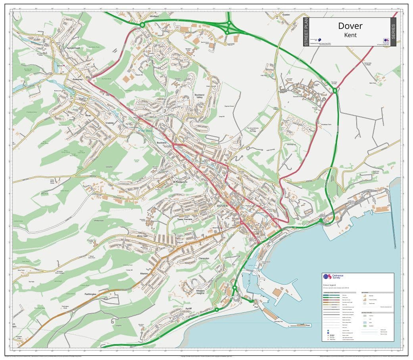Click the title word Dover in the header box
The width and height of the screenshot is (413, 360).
pyautogui.click(x=350, y=26)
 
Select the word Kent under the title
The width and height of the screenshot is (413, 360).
pyautogui.click(x=350, y=35)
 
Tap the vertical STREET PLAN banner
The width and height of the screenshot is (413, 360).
pyautogui.click(x=306, y=32)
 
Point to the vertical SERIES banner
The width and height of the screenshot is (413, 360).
pyautogui.click(x=393, y=32)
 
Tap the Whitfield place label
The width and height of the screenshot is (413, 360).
pyautogui.click(x=154, y=16)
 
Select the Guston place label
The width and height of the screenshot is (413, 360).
pyautogui.click(x=286, y=14)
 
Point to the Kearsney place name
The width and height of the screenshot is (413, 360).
pyautogui.click(x=78, y=79)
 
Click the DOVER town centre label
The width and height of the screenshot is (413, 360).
pyautogui.click(x=223, y=206)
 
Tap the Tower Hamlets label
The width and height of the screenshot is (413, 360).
pyautogui.click(x=185, y=219)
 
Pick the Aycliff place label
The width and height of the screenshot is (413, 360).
pyautogui.click(x=188, y=308)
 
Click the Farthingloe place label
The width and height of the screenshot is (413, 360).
pyautogui.click(x=90, y=294)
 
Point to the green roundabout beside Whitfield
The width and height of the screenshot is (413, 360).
pyautogui.click(x=142, y=25)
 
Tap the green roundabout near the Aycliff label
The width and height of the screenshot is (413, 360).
pyautogui.click(x=217, y=309)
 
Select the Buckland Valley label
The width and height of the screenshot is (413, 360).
pyautogui.click(x=199, y=96)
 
